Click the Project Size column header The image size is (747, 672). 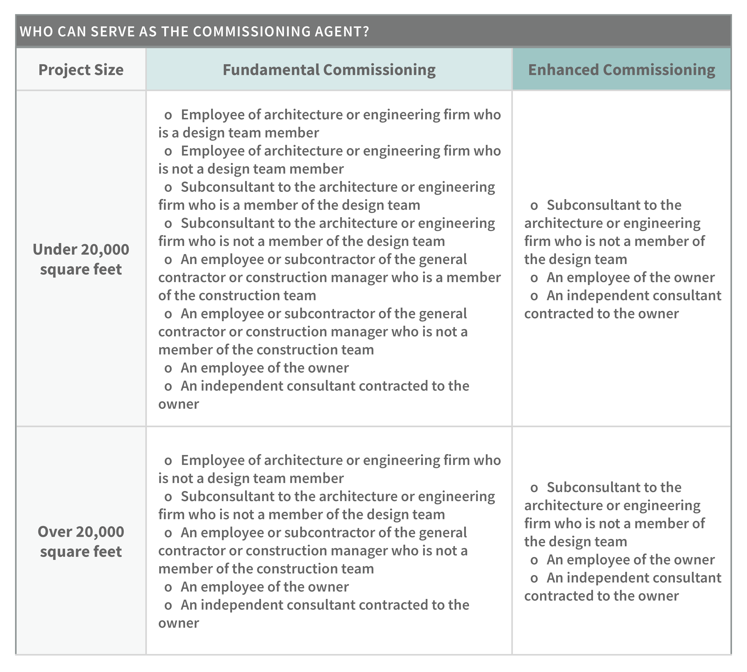pyautogui.click(x=81, y=70)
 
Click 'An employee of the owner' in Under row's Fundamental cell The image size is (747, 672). pyautogui.click(x=264, y=368)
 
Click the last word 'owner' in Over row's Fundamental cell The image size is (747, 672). pyautogui.click(x=179, y=623)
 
